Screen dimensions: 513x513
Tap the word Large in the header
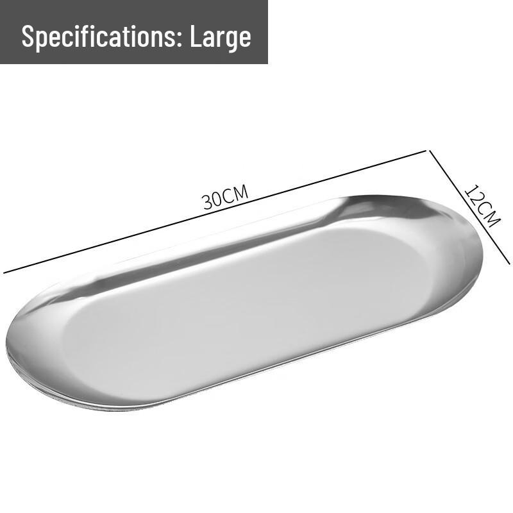click(221, 37)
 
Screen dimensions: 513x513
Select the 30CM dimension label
click(225, 198)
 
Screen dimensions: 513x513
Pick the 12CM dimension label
click(483, 206)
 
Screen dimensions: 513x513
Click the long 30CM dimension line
click(215, 212)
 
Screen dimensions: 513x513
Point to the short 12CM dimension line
click(469, 206)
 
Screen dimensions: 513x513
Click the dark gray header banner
click(134, 31)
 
